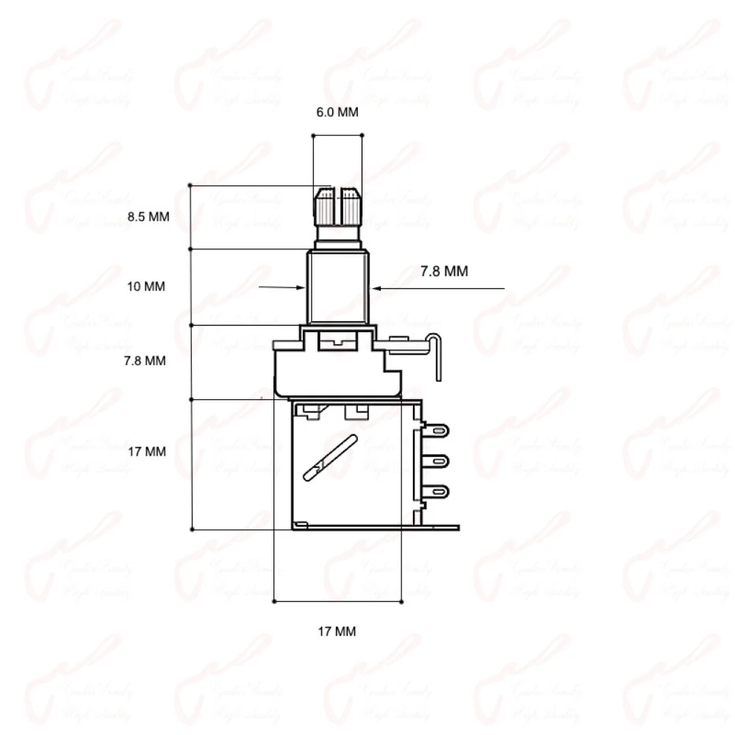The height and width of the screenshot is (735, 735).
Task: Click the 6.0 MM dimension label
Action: tap(337, 112)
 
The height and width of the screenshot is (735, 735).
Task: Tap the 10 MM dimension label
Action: tap(146, 287)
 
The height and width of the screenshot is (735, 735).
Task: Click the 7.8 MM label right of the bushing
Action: tap(444, 271)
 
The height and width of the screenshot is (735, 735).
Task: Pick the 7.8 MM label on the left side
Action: tap(146, 361)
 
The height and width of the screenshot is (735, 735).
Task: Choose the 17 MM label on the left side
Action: tap(146, 451)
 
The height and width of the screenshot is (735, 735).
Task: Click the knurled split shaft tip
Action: tap(337, 207)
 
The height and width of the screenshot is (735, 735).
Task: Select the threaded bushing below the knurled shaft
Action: tap(337, 287)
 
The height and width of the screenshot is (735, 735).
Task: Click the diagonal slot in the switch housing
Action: tap(331, 458)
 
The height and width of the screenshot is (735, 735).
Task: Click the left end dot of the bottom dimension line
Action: tap(273, 601)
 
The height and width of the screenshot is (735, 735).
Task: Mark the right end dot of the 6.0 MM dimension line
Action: tap(362, 135)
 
